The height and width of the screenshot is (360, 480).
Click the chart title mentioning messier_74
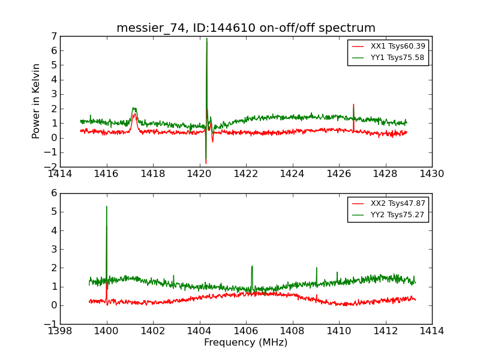point(246,28)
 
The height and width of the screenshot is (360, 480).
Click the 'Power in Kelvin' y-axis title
point(36,101)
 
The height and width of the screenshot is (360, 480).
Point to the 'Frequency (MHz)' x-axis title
point(246,343)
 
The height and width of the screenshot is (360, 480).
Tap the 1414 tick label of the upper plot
point(60,174)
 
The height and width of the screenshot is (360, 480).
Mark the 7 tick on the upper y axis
point(54,37)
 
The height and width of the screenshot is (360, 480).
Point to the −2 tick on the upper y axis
point(50,167)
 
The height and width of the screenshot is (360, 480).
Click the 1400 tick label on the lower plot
point(106,331)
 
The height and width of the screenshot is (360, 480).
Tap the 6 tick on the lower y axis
point(54,193)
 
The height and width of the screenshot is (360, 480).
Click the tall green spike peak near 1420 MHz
point(206,38)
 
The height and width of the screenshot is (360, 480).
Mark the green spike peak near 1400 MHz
point(107,206)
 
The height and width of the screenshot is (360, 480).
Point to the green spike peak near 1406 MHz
point(252,266)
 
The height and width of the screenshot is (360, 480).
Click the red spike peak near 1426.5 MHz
point(353,104)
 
